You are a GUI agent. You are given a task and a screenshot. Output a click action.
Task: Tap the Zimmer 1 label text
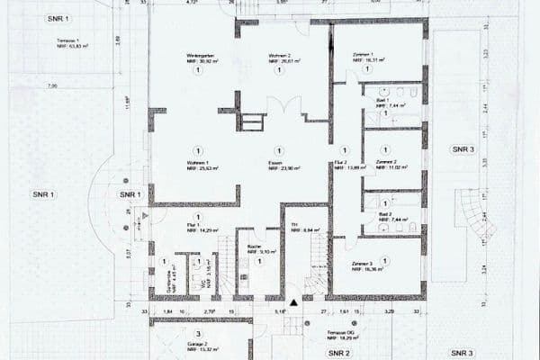[368, 57]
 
